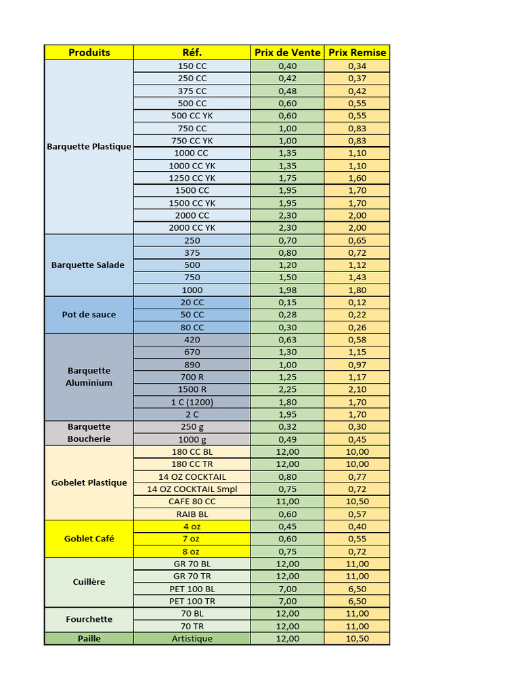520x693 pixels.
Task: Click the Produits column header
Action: (x=89, y=52)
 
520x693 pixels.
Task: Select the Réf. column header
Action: (x=192, y=52)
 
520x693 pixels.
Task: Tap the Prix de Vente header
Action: (x=288, y=52)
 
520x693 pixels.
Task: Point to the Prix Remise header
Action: (x=357, y=52)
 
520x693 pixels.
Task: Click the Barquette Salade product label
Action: (x=88, y=265)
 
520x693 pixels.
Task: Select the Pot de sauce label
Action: (x=89, y=315)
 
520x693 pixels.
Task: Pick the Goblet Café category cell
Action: (x=89, y=539)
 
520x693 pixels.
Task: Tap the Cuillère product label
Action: (x=89, y=582)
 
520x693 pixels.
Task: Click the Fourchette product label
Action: (x=89, y=619)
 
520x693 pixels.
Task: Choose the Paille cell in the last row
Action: (x=89, y=638)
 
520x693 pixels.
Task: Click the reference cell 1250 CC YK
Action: (x=192, y=178)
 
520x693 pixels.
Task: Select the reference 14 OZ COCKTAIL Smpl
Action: (x=192, y=489)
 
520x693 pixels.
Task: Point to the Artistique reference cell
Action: (x=192, y=638)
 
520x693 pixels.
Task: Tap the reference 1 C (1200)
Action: (x=192, y=402)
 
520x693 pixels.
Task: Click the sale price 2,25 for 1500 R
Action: (x=288, y=389)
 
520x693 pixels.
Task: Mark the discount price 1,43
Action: (x=357, y=277)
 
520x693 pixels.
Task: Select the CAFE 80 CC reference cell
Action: (x=192, y=501)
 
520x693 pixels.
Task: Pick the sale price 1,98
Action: (x=288, y=290)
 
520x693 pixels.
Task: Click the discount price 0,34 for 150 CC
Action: (x=357, y=66)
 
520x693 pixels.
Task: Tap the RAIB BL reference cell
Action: (x=192, y=514)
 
